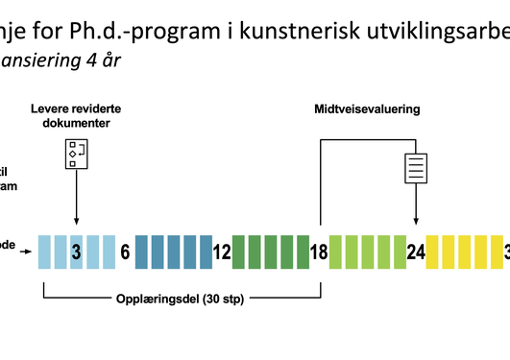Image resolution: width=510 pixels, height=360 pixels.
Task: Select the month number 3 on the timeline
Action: tap(76, 253)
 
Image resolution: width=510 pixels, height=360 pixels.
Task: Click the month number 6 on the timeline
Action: tap(125, 253)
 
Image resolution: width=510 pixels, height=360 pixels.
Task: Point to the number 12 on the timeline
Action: tap(222, 253)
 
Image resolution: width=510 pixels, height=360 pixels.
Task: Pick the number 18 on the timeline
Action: tap(319, 253)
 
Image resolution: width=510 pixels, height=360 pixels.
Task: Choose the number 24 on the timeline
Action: tap(416, 253)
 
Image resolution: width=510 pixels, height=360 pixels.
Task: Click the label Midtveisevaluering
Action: tap(367, 109)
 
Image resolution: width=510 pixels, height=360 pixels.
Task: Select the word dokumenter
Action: tap(76, 124)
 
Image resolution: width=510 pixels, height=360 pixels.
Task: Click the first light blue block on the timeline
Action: tap(44, 252)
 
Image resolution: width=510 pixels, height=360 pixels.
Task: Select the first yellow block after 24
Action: tap(433, 252)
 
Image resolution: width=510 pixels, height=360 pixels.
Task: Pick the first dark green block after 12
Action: tap(238, 252)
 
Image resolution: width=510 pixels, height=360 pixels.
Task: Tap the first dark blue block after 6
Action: tap(141, 252)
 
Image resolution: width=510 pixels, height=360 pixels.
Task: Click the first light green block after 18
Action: tap(335, 252)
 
